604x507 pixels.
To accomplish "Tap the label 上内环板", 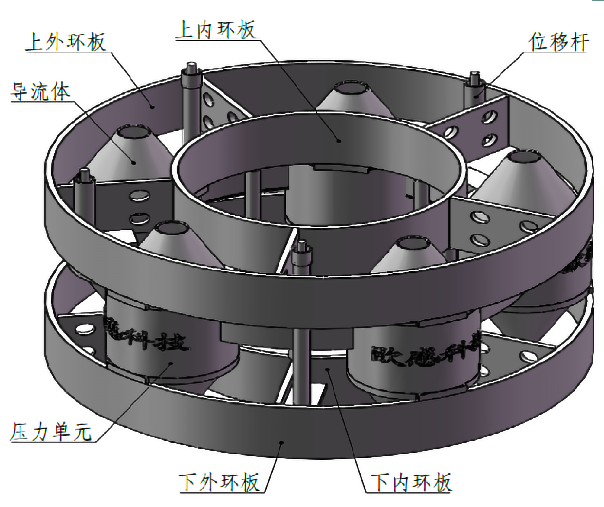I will point(216,30).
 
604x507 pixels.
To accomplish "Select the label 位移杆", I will point(558,43).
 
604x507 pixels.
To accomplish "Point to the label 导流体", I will point(40,92).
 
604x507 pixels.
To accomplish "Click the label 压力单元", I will point(51,432).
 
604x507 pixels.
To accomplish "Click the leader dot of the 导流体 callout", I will point(134,163).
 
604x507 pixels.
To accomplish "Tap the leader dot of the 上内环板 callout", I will point(339,140).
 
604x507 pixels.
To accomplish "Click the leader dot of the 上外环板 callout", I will point(153,106).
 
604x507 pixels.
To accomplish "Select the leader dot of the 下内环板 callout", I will point(329,369).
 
